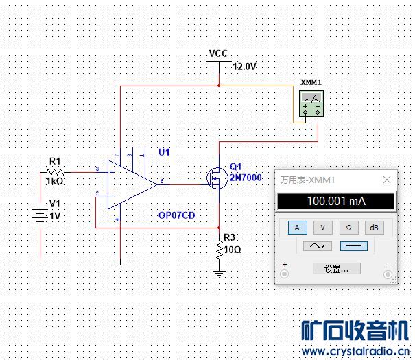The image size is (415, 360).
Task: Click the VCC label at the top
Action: click(218, 53)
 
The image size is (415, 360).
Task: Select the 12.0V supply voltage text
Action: click(245, 67)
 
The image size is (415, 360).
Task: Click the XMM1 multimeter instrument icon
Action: click(311, 104)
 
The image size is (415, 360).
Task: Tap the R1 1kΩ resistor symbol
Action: click(56, 172)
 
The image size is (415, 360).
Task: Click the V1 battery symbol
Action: click(40, 215)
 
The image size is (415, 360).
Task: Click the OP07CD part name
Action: click(176, 215)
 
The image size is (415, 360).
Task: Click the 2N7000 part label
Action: click(246, 178)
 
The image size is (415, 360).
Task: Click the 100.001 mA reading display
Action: click(336, 202)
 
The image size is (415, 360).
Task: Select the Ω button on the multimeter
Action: click(348, 228)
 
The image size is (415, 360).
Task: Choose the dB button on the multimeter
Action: click(374, 228)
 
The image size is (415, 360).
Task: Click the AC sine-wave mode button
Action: click(318, 245)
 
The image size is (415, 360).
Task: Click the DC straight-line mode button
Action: click(353, 245)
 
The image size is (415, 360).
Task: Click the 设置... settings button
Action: click(336, 269)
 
